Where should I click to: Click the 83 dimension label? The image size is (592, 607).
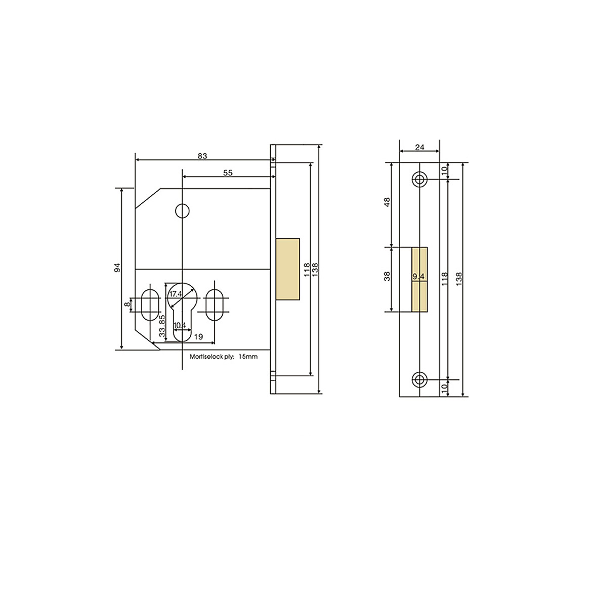[x=202, y=156]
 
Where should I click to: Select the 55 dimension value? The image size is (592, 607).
[x=228, y=172]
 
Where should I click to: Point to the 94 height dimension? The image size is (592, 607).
[x=117, y=268]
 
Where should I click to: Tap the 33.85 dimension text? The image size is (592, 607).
[x=161, y=326]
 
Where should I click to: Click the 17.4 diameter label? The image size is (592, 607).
[x=176, y=293]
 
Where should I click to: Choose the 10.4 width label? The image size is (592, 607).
[x=180, y=325]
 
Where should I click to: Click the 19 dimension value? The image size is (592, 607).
[x=198, y=336]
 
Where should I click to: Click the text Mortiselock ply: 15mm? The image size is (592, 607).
[x=223, y=357]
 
